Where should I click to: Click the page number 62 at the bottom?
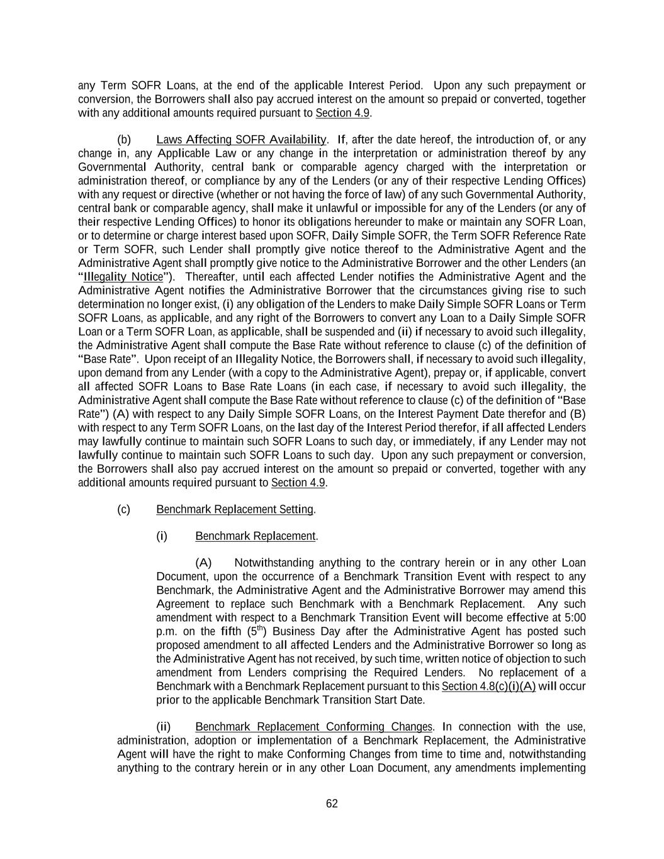click(332, 804)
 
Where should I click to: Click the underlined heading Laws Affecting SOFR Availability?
click(241, 140)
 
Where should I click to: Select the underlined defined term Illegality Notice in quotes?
click(123, 277)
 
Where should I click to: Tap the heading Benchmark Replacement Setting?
click(235, 509)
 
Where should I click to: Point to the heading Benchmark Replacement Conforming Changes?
click(313, 727)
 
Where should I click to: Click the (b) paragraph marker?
click(124, 140)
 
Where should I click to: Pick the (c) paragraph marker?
click(124, 509)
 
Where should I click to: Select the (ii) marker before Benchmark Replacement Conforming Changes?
click(163, 727)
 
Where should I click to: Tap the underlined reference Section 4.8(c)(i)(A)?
click(488, 686)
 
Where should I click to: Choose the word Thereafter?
click(212, 277)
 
